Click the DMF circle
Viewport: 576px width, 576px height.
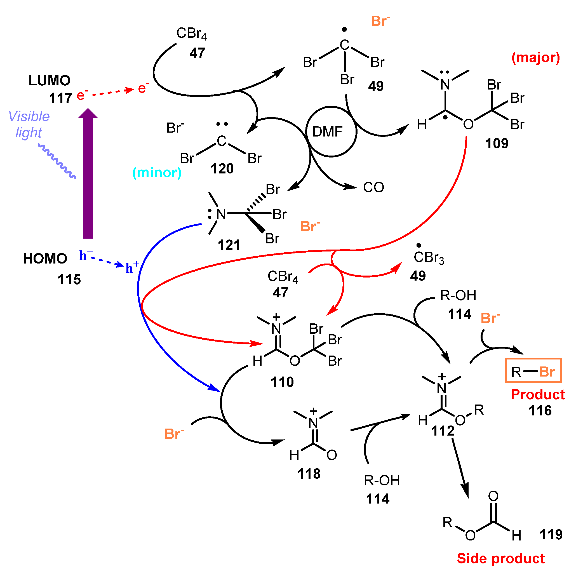tap(331, 131)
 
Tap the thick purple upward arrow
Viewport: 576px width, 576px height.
tap(88, 176)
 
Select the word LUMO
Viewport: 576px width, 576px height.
tap(50, 81)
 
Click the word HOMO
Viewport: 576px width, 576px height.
tap(45, 258)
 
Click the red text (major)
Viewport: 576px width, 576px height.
tap(535, 58)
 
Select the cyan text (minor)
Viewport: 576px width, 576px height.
tap(157, 173)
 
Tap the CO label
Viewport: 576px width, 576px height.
tap(373, 187)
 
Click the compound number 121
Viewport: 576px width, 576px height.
tap(229, 245)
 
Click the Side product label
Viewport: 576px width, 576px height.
tap(500, 558)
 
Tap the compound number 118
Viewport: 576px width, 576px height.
tap(309, 474)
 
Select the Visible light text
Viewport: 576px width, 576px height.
tap(29, 124)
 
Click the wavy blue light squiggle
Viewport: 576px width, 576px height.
tap(57, 161)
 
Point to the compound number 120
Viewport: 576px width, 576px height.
tap(222, 169)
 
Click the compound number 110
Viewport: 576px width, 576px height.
tap(282, 382)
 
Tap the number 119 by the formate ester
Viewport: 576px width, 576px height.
tap(551, 535)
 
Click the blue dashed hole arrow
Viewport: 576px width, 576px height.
tap(107, 262)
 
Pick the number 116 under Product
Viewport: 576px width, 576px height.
tap(540, 411)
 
